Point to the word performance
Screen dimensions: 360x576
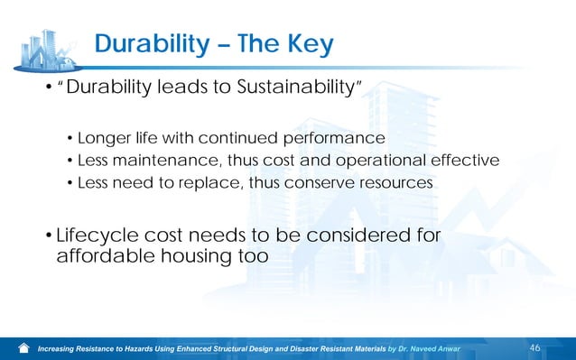tap(335, 138)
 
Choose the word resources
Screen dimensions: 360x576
tap(397, 183)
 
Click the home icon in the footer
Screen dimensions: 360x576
tap(23, 348)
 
